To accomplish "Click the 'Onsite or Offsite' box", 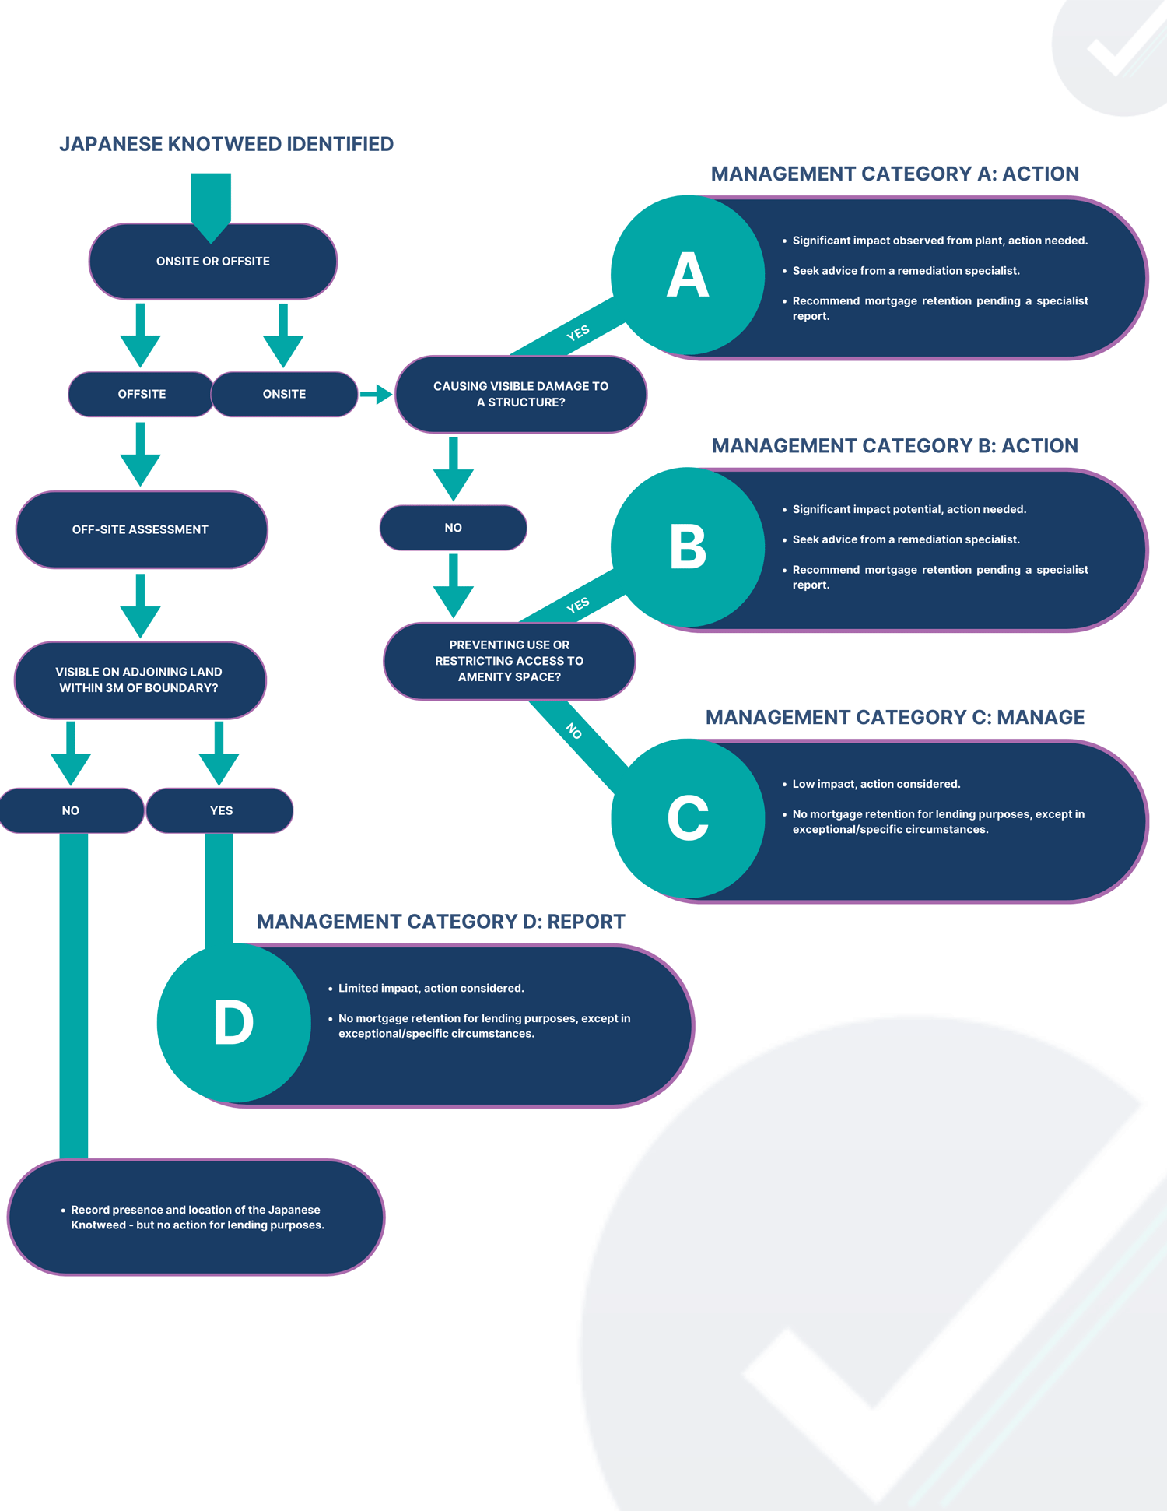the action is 212,262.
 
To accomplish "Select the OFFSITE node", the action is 141,394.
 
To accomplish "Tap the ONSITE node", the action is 284,394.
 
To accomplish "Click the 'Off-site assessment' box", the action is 141,529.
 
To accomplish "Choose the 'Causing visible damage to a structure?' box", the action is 520,394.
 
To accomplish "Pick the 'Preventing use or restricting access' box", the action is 509,661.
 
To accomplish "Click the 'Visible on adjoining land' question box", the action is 140,680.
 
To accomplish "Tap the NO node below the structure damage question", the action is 453,528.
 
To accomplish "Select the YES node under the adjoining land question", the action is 220,810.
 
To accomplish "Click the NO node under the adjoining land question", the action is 71,810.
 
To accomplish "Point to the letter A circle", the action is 688,275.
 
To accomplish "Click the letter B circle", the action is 688,546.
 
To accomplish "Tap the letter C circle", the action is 688,818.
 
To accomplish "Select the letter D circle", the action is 233,1022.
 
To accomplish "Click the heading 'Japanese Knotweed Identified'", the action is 226,144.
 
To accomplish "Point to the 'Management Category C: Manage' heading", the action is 895,717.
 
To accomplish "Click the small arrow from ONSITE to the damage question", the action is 376,394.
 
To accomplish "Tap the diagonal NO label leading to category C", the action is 574,730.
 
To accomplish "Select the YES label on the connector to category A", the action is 578,333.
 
